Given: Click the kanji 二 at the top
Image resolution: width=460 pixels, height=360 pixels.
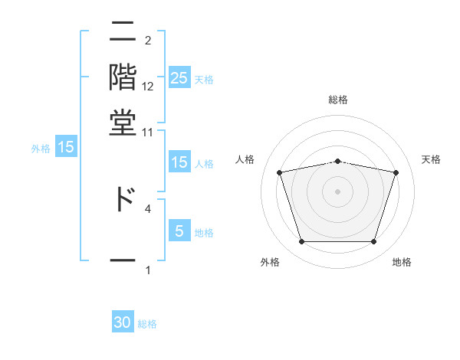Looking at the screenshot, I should (x=123, y=34).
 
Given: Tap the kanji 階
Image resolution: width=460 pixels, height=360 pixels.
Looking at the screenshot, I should (x=123, y=78).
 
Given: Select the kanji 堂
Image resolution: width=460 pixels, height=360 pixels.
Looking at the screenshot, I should (x=123, y=122).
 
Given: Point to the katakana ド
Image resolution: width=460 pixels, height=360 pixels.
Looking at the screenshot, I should (x=123, y=198).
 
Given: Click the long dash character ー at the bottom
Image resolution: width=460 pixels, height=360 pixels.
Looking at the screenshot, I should (x=123, y=260).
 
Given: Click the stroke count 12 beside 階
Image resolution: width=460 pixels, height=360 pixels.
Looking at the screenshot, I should (x=148, y=87).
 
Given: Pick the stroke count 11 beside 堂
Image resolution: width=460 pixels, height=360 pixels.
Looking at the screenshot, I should (x=148, y=132).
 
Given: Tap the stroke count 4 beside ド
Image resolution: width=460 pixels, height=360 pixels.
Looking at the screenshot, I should (x=148, y=208).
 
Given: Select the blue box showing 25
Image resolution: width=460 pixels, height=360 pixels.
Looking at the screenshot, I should (x=179, y=78).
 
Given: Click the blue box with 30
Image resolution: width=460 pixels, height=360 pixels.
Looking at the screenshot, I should (x=123, y=323).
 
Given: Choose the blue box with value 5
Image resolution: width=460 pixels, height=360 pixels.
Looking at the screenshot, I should (x=179, y=231).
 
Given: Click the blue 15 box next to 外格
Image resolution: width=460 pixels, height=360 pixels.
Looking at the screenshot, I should (x=66, y=148).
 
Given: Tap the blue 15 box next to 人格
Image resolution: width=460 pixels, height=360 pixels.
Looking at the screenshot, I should (x=179, y=162).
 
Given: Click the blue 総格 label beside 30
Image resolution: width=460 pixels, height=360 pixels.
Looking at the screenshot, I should (x=147, y=324).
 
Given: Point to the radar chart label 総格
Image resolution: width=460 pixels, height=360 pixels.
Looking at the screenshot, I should (x=338, y=100).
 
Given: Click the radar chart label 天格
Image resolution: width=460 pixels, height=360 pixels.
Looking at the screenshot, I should (x=431, y=159).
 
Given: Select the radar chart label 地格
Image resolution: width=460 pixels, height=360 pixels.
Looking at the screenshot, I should (x=402, y=262).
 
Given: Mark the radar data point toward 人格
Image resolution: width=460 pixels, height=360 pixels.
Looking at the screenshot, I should (x=280, y=172).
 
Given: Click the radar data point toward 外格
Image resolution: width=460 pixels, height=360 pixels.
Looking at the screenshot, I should (x=301, y=242).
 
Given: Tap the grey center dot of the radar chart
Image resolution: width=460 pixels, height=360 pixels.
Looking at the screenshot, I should (x=338, y=191).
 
